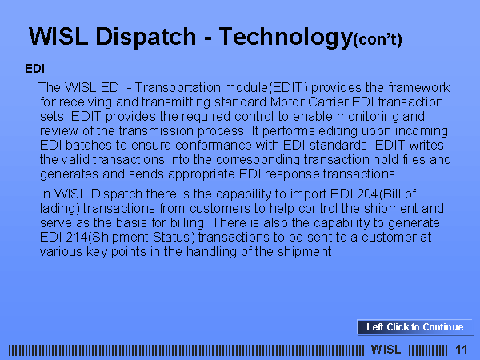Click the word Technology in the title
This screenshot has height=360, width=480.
point(286,38)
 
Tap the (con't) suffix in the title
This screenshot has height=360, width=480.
point(378,40)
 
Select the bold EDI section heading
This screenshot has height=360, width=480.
point(34,69)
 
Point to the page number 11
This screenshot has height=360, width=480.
point(462,350)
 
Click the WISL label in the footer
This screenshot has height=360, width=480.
point(386,350)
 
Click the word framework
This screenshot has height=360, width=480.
point(419,87)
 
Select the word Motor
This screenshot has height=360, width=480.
point(287,102)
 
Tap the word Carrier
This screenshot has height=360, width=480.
point(328,102)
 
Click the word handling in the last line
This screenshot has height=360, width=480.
point(211,252)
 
